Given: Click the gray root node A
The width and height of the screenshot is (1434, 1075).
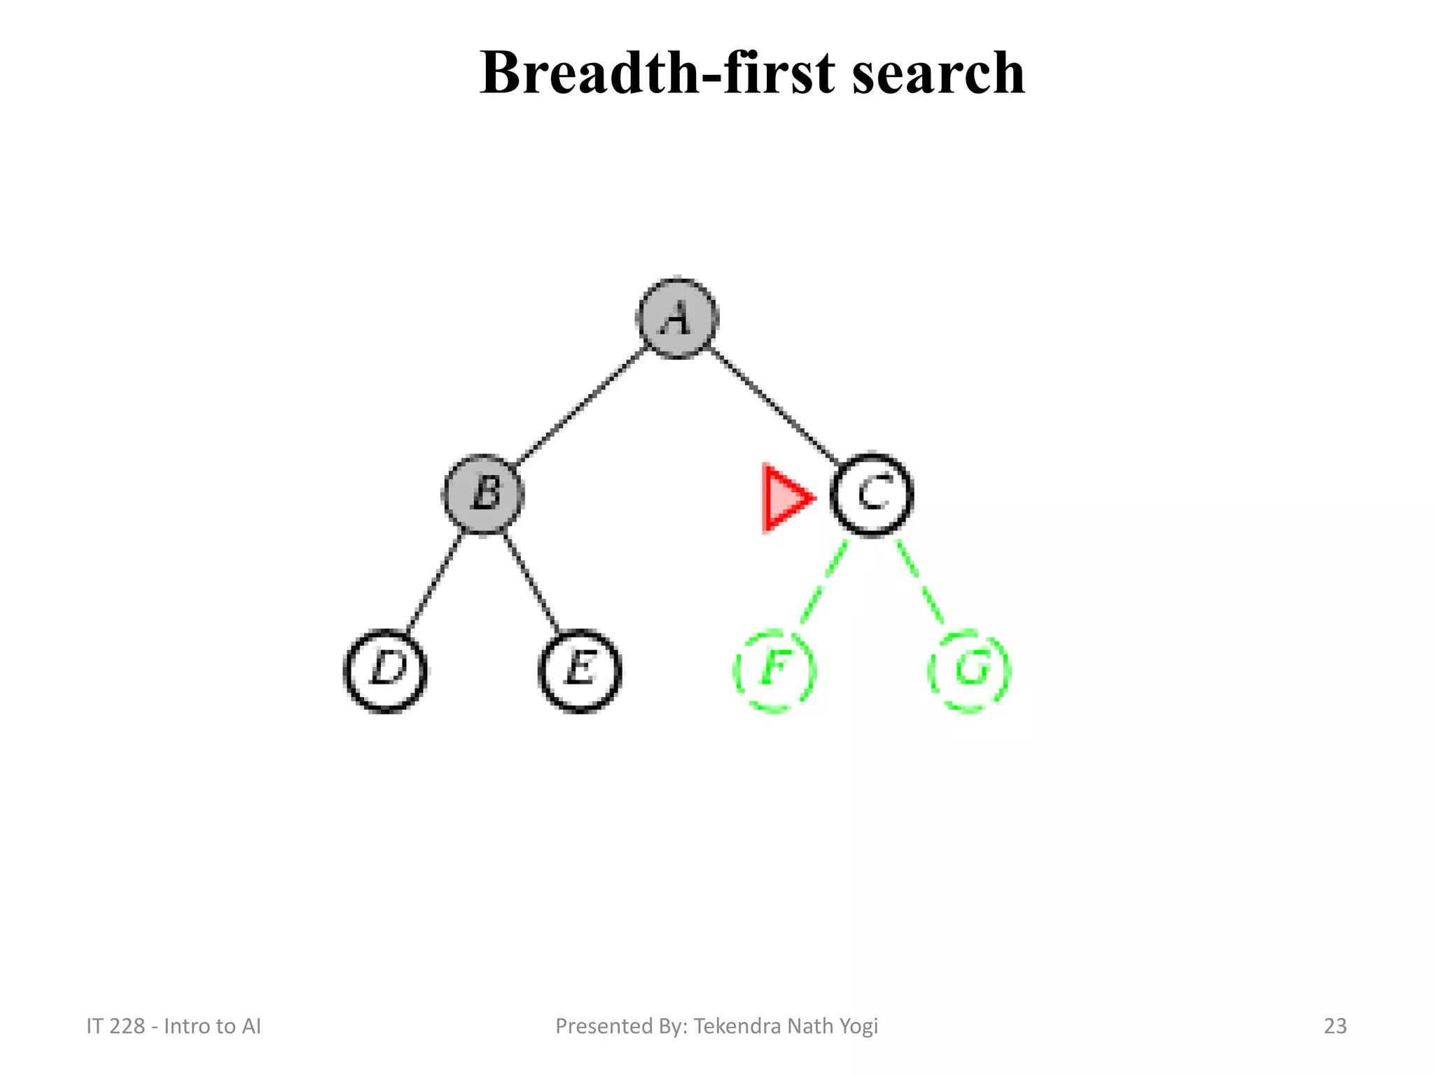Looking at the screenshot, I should pyautogui.click(x=677, y=318).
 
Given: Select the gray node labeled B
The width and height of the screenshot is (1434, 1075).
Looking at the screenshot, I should pyautogui.click(x=483, y=494).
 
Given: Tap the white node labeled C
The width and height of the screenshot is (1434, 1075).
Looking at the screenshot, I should pyautogui.click(x=872, y=495).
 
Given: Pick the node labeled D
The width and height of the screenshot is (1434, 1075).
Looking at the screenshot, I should pyautogui.click(x=386, y=670).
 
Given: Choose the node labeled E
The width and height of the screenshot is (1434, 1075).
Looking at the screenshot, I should pyautogui.click(x=580, y=670).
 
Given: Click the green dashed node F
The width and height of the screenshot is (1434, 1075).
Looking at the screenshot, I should pyautogui.click(x=774, y=670).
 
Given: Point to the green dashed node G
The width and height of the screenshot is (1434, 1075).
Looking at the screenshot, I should pyautogui.click(x=970, y=670).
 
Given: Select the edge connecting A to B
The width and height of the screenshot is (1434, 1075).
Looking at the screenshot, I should pyautogui.click(x=581, y=406).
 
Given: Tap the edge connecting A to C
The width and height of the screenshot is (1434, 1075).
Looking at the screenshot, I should pyautogui.click(x=774, y=406).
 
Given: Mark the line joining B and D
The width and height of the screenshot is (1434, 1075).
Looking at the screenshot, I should pyautogui.click(x=434, y=583).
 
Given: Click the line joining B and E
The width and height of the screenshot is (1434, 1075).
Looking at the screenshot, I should pyautogui.click(x=531, y=583).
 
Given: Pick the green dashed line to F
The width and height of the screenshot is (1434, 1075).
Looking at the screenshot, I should pyautogui.click(x=823, y=583).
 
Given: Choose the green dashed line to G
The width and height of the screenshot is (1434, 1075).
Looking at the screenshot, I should pyautogui.click(x=921, y=583).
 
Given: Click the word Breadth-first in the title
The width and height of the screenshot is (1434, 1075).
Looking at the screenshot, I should pyautogui.click(x=657, y=73).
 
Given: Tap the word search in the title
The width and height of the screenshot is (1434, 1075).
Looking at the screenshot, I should pyautogui.click(x=938, y=73).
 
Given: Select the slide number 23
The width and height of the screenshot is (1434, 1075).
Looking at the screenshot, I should pyautogui.click(x=1335, y=1026).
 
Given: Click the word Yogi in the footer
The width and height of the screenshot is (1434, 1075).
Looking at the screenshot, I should pyautogui.click(x=860, y=1026).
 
